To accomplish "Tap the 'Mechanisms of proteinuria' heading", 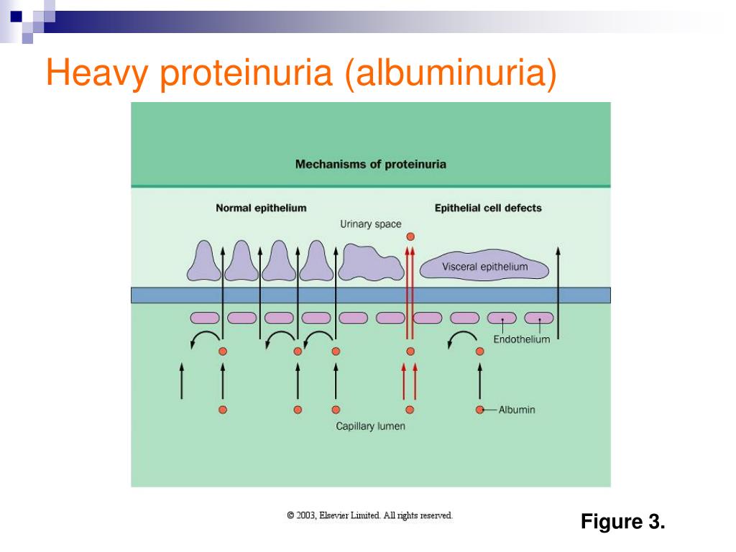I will [x=370, y=164].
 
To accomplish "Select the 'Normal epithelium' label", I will [x=261, y=208].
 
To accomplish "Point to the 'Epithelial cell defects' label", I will [x=488, y=208].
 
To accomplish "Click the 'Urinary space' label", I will [x=370, y=224].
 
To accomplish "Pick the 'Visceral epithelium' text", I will [x=484, y=267].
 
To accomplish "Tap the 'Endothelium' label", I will [x=521, y=339].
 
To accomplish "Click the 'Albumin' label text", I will [x=517, y=410].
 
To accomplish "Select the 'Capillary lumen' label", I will [x=370, y=426].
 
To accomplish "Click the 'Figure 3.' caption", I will [x=623, y=521].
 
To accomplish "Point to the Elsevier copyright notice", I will [x=369, y=515].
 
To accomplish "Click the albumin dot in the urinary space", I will [x=410, y=236].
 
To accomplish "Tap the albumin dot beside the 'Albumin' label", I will [x=479, y=410].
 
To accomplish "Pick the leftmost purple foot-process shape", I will [x=203, y=262].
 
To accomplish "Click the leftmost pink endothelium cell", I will [x=204, y=318].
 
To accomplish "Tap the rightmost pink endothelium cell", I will [x=538, y=318].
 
